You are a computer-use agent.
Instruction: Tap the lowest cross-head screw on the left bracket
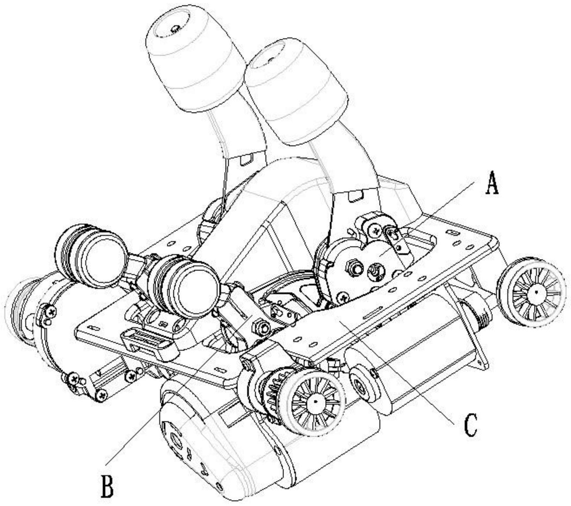pos(102,395)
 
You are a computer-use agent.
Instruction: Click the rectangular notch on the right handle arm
pos(356,196)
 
